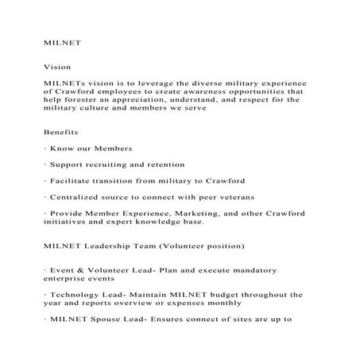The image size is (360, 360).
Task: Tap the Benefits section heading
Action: tap(61, 131)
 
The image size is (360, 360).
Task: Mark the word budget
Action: tap(230, 295)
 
